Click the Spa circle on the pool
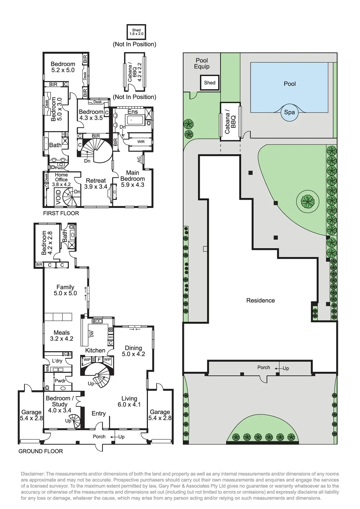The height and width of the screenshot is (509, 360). pyautogui.click(x=289, y=112)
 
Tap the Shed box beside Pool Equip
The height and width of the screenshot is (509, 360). pyautogui.click(x=209, y=83)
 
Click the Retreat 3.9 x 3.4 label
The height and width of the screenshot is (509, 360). pyautogui.click(x=96, y=184)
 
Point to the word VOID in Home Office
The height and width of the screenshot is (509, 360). pyautogui.click(x=58, y=197)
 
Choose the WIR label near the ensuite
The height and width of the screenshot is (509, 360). pyautogui.click(x=141, y=142)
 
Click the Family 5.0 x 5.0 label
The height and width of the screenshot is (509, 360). pyautogui.click(x=65, y=290)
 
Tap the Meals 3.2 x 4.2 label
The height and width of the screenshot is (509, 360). pyautogui.click(x=61, y=335)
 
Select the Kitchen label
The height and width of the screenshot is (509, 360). pyautogui.click(x=95, y=350)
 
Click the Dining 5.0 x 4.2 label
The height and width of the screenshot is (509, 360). pyautogui.click(x=133, y=351)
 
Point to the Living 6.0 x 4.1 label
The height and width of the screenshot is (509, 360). pyautogui.click(x=129, y=402)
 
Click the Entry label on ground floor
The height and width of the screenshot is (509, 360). pyautogui.click(x=99, y=414)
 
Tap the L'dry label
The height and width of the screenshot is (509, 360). pyautogui.click(x=57, y=361)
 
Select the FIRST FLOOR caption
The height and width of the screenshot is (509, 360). pyautogui.click(x=61, y=213)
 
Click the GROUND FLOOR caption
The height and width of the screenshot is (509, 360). pyautogui.click(x=41, y=451)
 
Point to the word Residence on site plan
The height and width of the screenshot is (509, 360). pyautogui.click(x=260, y=300)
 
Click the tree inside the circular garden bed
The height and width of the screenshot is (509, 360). pyautogui.click(x=307, y=201)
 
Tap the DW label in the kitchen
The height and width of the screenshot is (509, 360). pyautogui.click(x=92, y=334)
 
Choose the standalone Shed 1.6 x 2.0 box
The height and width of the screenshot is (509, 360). pyautogui.click(x=136, y=32)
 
